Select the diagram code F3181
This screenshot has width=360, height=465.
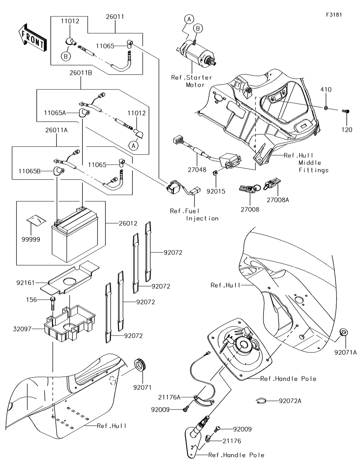pos(334,15)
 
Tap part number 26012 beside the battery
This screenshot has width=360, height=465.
pos(128,224)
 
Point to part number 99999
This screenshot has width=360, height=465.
pos(31,239)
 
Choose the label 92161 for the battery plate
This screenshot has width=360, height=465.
pos(26,283)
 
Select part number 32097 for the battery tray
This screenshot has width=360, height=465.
pos(22,329)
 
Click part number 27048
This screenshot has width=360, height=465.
pos(197,170)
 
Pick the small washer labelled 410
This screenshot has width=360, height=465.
pos(326,108)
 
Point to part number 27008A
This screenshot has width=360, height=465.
pos(278,200)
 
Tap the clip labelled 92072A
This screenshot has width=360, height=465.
pos(261,401)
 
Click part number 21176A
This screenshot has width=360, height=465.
pos(169,397)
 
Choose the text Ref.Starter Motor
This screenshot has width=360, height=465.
pos(192,81)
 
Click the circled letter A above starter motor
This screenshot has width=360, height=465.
pos(189,19)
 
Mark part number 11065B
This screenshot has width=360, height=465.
pos(30,171)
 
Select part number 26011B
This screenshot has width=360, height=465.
pos(81,73)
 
